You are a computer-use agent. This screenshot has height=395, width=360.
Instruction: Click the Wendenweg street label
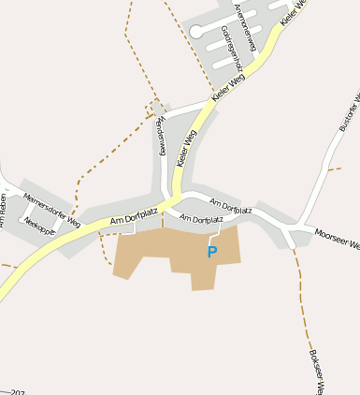[x=161, y=137]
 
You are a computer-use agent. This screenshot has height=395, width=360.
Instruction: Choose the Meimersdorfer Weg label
[x=52, y=198]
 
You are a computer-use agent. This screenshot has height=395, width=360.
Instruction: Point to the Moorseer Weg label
[x=338, y=241]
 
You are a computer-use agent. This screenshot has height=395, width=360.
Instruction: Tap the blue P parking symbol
[x=212, y=252]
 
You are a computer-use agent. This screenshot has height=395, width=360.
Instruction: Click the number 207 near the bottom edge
[x=17, y=392]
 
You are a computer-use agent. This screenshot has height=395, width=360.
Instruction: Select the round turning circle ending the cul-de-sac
[x=197, y=30]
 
